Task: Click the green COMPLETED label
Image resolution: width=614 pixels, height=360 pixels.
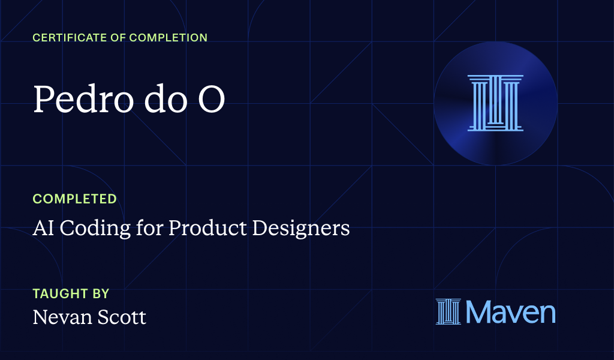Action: pos(74,199)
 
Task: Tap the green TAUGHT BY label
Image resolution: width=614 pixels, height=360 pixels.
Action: pos(71,294)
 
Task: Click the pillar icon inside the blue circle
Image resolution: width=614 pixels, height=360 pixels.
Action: pos(495,103)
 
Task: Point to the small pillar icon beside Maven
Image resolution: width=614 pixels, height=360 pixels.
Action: pos(447,312)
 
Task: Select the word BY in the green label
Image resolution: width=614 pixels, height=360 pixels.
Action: pos(101,294)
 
